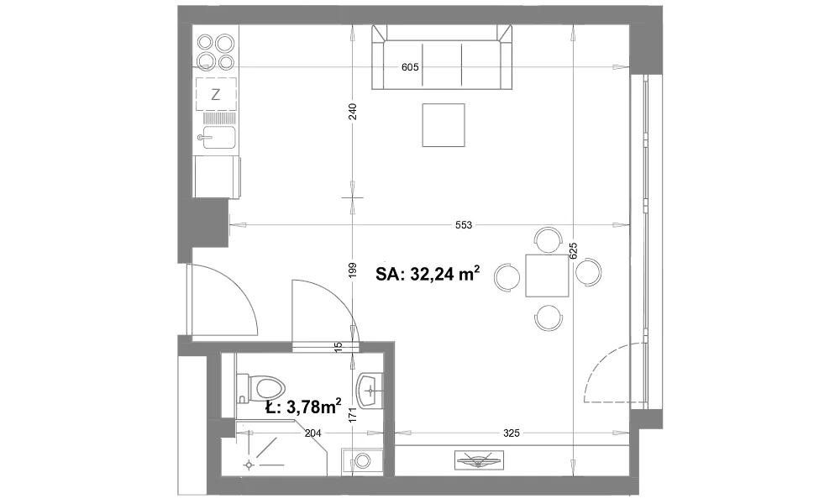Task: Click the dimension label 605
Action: (x=410, y=67)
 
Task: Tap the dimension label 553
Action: (x=464, y=225)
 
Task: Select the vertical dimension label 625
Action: (x=573, y=251)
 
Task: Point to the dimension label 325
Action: (x=512, y=433)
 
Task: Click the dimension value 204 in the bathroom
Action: (x=312, y=433)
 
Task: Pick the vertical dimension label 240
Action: (x=353, y=112)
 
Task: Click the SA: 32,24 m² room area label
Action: (x=428, y=274)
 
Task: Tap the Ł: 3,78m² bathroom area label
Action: (x=304, y=407)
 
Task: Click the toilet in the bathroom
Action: (x=261, y=388)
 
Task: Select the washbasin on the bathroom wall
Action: (x=370, y=390)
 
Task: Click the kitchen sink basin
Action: (x=218, y=138)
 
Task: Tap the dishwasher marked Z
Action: (x=216, y=94)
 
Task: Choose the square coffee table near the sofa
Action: (x=444, y=125)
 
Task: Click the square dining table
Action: (x=547, y=276)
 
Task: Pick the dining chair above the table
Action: (x=549, y=239)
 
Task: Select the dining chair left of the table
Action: (x=507, y=277)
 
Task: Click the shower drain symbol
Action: (x=249, y=465)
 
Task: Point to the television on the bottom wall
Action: (x=479, y=459)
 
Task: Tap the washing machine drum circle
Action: (x=363, y=460)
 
